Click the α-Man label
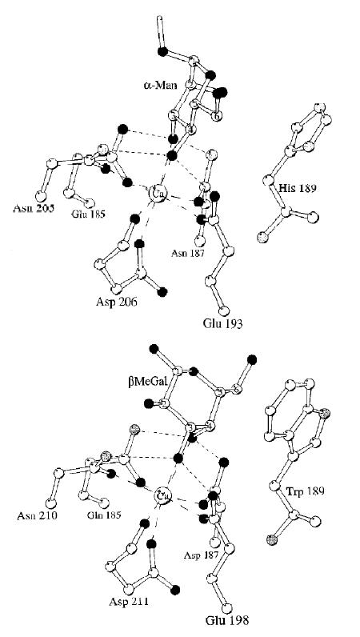pyautogui.click(x=160, y=86)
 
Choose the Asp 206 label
pyautogui.click(x=117, y=302)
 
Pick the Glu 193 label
pyautogui.click(x=222, y=324)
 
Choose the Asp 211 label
pyautogui.click(x=128, y=602)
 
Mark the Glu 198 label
pyautogui.click(x=226, y=620)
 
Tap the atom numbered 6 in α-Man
pyautogui.click(x=218, y=115)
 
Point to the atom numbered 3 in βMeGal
pyautogui.click(x=189, y=428)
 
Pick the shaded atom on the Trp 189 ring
pyautogui.click(x=325, y=414)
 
